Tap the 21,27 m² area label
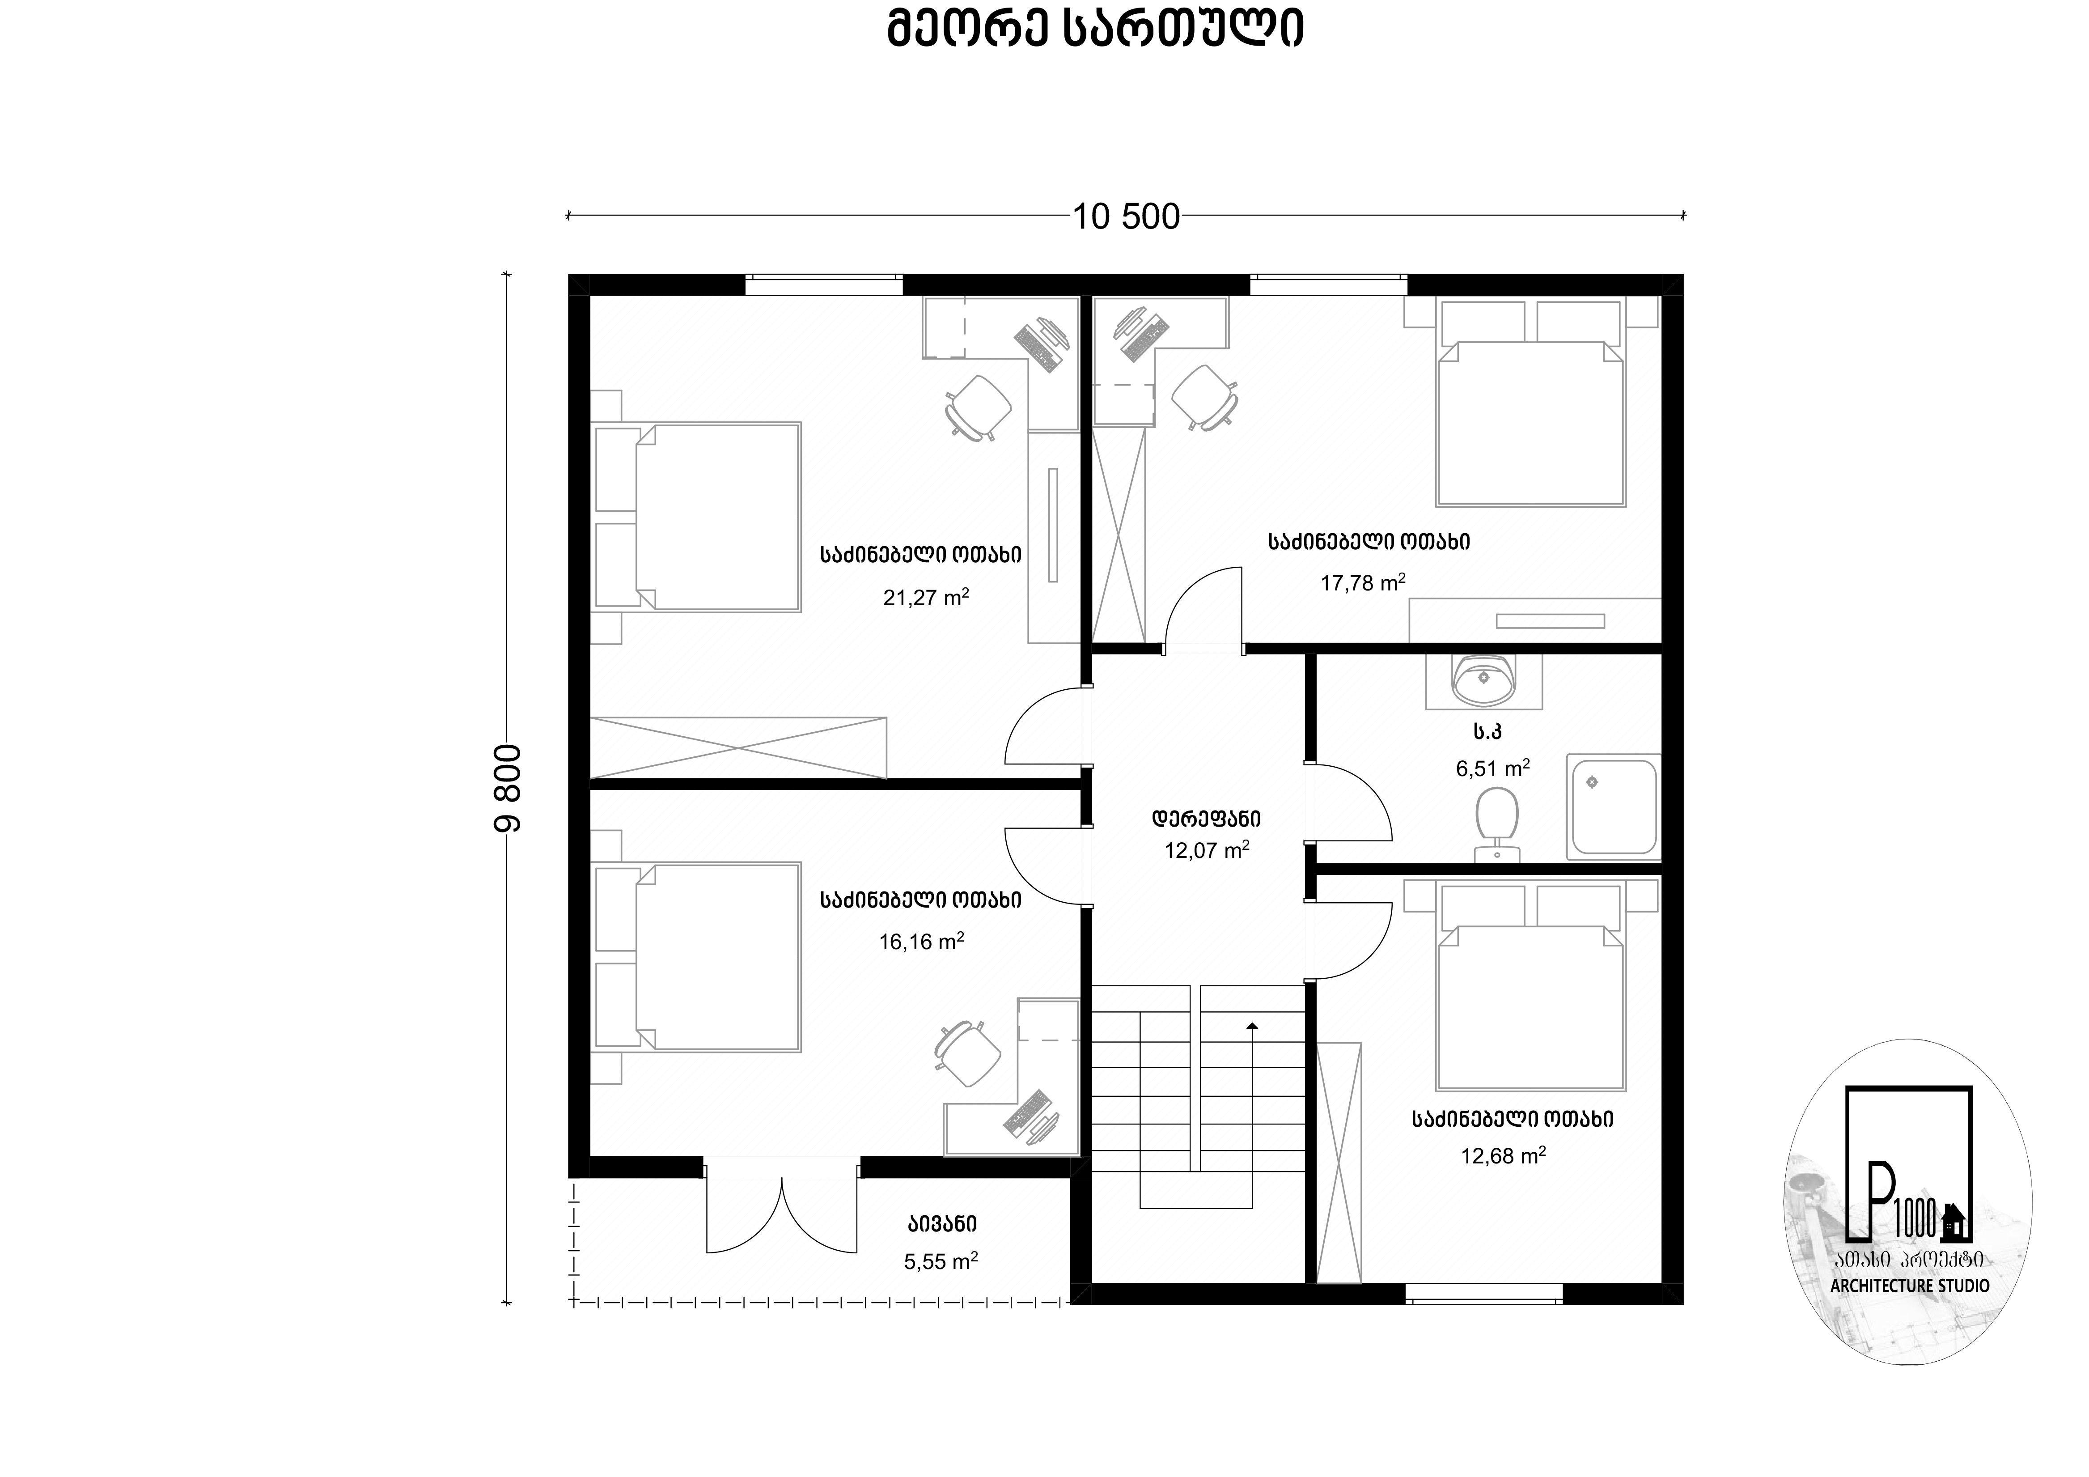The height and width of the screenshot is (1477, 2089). tap(925, 597)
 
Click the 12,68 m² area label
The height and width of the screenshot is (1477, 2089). tap(1503, 1156)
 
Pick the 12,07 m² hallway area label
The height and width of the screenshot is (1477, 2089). tap(1207, 850)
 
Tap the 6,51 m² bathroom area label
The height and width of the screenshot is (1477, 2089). tap(1492, 768)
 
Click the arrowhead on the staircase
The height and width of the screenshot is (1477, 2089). tap(1252, 1026)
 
